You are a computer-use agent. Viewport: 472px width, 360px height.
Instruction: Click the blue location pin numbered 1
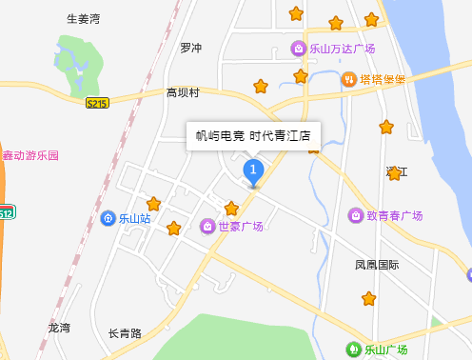point(253,171)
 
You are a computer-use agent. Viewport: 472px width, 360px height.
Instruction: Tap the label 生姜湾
point(83,19)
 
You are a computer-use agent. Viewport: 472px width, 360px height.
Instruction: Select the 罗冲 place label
point(191,48)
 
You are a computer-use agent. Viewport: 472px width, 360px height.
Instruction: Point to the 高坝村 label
point(183,92)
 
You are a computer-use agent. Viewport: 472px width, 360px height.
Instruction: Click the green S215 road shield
point(97,102)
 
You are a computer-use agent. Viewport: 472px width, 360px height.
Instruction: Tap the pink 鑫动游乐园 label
point(30,155)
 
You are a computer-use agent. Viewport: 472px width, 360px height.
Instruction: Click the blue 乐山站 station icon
point(108,218)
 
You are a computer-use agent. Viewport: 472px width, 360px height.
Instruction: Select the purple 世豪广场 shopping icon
point(207,226)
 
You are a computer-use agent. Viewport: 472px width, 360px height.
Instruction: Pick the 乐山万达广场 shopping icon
point(299,49)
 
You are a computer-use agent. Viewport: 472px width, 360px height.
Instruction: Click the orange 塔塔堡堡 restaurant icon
point(349,79)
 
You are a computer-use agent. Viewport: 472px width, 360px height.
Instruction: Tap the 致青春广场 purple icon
point(356,216)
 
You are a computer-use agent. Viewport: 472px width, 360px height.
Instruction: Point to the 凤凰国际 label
point(377,264)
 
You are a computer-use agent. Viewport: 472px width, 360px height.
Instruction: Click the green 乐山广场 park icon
point(353,350)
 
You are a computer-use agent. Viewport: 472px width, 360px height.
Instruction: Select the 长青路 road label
point(125,333)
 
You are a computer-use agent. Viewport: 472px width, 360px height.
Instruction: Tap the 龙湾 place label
point(59,328)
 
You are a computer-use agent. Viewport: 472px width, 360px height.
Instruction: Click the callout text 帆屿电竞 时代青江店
point(253,135)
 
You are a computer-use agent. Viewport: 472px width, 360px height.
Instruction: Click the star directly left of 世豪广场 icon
point(173,229)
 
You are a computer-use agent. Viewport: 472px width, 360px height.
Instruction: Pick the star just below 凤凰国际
point(369,299)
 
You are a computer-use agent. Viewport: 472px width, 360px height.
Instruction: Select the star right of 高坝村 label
point(261,87)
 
